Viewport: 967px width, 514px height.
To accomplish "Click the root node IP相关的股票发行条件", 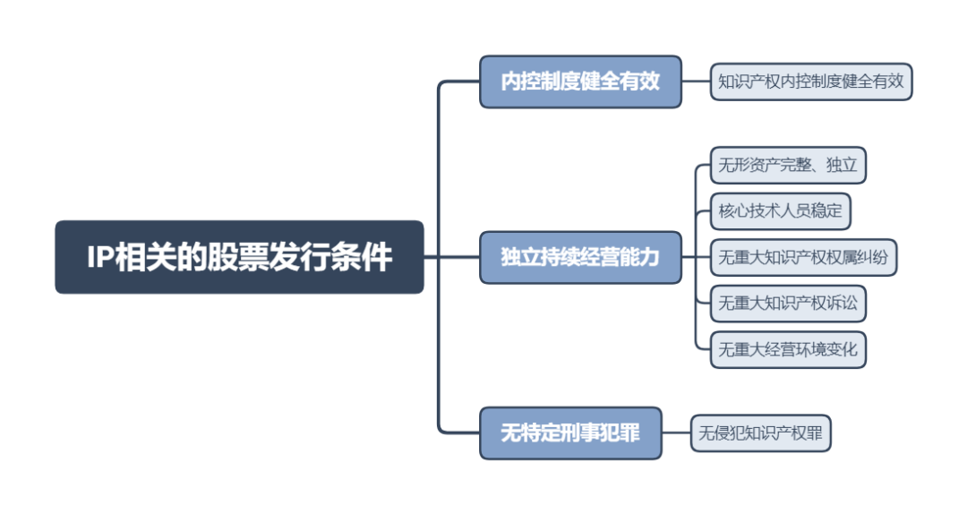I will pos(239,257).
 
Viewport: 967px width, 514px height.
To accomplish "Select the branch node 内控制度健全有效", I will pos(580,81).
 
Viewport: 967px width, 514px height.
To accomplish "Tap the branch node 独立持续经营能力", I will pos(580,257).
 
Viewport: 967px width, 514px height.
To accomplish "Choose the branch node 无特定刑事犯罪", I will pos(570,433).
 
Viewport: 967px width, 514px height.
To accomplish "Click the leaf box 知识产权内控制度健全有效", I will pos(811,81).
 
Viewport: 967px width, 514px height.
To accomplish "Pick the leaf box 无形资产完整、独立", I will pos(788,165).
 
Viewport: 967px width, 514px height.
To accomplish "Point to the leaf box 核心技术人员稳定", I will pos(780,212).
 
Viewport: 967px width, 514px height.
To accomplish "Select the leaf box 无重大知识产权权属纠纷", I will pos(803,257).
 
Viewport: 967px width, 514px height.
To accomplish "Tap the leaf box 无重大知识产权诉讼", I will pos(788,303).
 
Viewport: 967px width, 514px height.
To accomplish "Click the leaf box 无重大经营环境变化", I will pos(788,348).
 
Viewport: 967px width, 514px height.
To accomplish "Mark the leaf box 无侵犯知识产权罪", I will pos(762,434).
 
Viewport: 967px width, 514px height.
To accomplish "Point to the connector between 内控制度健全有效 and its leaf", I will pos(696,81).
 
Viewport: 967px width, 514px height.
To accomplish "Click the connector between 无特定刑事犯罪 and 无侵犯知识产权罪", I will pos(677,434).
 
